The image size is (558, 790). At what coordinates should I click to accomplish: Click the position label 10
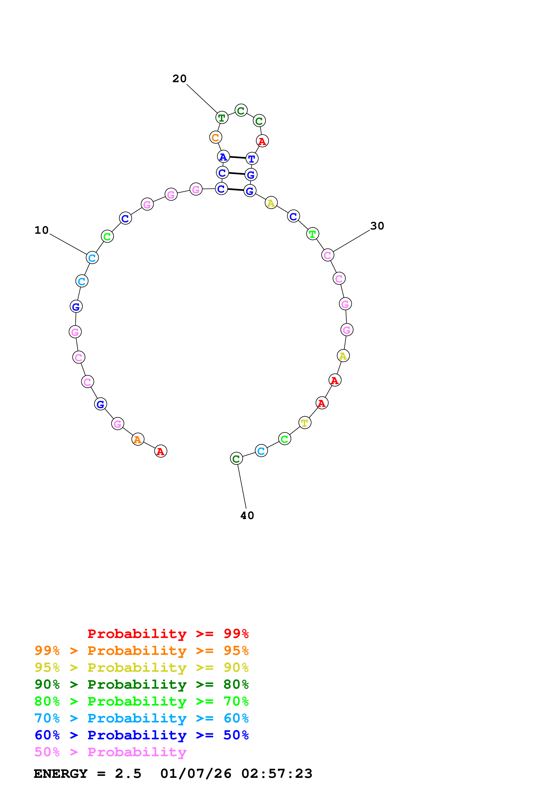tap(42, 230)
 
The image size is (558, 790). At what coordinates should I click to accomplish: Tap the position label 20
tap(179, 79)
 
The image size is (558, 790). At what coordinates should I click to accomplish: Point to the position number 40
tap(247, 515)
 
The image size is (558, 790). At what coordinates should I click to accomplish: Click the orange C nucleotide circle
tap(216, 137)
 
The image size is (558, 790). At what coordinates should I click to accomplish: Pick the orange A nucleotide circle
tap(138, 439)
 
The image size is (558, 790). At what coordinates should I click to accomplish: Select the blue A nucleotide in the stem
tap(223, 157)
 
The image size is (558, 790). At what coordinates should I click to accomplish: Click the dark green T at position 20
tap(222, 118)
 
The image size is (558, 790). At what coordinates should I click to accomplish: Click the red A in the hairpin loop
tap(262, 141)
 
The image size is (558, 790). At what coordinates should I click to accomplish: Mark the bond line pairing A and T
tap(237, 158)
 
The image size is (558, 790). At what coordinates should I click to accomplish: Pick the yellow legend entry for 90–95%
tap(141, 667)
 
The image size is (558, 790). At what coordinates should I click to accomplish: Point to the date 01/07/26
tap(196, 774)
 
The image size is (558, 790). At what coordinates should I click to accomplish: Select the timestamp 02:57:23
tap(277, 774)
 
